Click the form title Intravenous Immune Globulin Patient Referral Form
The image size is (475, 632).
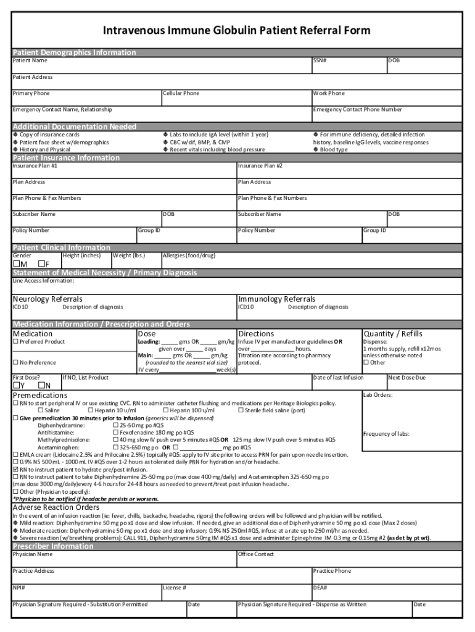[237, 30]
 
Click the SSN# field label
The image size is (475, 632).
[320, 60]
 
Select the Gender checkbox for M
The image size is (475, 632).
[17, 264]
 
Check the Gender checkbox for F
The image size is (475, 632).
[41, 264]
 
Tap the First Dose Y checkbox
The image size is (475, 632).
[17, 386]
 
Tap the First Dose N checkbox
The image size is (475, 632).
[41, 386]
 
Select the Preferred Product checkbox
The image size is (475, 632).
[16, 342]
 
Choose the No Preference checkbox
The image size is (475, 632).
[16, 363]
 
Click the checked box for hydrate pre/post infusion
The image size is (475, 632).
[16, 469]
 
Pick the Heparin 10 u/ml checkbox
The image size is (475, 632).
[91, 410]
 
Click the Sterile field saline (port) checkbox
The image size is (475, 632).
[241, 410]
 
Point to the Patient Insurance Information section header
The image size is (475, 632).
[67, 157]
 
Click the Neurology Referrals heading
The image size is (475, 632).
[47, 299]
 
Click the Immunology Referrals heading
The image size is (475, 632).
[276, 299]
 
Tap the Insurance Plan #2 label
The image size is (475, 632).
[260, 165]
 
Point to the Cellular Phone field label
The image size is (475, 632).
[181, 93]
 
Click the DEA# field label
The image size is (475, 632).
[320, 588]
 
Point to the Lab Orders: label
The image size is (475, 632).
[378, 394]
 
